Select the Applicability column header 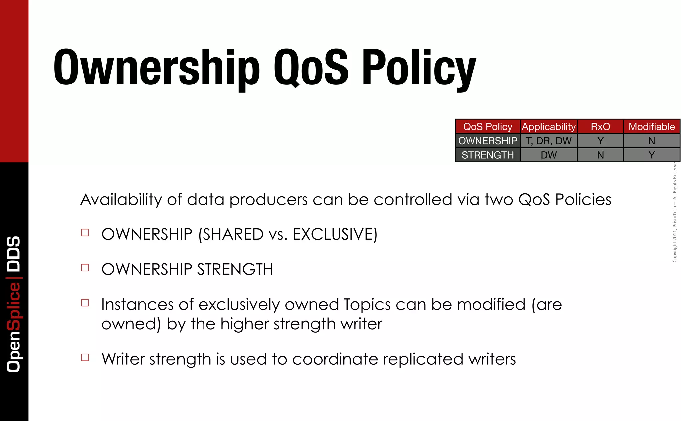point(548,127)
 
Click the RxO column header point(600,127)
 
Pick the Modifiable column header point(652,127)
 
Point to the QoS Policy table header point(487,127)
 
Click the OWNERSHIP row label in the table point(487,141)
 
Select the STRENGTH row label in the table point(487,155)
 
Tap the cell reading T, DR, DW point(548,141)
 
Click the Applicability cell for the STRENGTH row point(548,155)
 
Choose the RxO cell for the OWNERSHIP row point(600,141)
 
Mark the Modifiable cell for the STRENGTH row point(652,155)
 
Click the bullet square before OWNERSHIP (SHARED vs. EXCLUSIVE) point(85,233)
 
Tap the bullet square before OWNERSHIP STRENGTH point(85,268)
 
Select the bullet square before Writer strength point(85,357)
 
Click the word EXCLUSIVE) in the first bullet point(335,234)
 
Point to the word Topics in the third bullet point(367,305)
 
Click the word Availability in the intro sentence point(121,200)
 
